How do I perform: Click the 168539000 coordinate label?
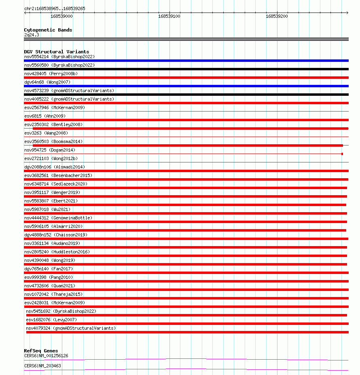pyautogui.click(x=61, y=16)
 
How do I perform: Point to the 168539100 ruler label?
pyautogui.click(x=169, y=16)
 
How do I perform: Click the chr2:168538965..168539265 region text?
pyautogui.click(x=55, y=8)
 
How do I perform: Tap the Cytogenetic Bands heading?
pyautogui.click(x=48, y=30)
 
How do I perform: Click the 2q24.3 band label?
pyautogui.click(x=32, y=35)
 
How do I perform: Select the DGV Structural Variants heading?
pyautogui.click(x=56, y=52)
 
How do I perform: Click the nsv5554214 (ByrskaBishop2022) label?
pyautogui.click(x=59, y=57)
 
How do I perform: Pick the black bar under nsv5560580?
pyautogui.click(x=186, y=69)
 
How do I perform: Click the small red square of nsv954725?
pyautogui.click(x=342, y=154)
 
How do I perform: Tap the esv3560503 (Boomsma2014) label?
pyautogui.click(x=53, y=141)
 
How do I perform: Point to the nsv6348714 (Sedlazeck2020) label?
pyautogui.click(x=55, y=184)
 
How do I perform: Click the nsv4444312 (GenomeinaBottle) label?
pyautogui.click(x=58, y=218)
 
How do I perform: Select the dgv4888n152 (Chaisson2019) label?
pyautogui.click(x=55, y=235)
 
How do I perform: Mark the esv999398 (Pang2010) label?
pyautogui.click(x=47, y=277)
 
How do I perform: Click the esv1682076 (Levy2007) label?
pyautogui.click(x=51, y=320)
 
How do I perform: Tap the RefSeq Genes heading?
pyautogui.click(x=41, y=351)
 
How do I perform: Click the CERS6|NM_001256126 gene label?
pyautogui.click(x=46, y=356)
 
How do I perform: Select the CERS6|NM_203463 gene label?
pyautogui.click(x=42, y=366)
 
